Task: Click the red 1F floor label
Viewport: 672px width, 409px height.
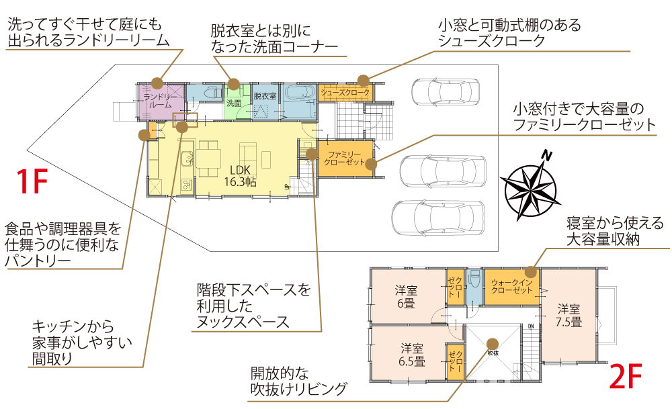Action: pyautogui.click(x=32, y=182)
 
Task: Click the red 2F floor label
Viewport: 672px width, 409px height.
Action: pyautogui.click(x=626, y=377)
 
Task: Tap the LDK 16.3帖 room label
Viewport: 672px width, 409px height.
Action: pyautogui.click(x=239, y=175)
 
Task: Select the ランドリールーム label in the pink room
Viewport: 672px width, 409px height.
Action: pyautogui.click(x=160, y=101)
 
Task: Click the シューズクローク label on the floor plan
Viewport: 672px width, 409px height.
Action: pyautogui.click(x=345, y=91)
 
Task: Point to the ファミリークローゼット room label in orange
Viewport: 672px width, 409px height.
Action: pyautogui.click(x=345, y=158)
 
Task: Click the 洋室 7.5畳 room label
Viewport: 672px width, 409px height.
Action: pyautogui.click(x=569, y=315)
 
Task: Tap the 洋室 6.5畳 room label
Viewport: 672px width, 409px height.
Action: pyautogui.click(x=411, y=355)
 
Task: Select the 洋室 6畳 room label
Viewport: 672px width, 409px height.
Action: pyautogui.click(x=406, y=296)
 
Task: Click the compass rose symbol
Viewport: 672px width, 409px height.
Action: pyautogui.click(x=533, y=187)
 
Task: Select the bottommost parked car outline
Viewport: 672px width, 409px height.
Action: pyautogui.click(x=437, y=218)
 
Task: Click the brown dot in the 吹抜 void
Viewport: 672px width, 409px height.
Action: pyautogui.click(x=492, y=341)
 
